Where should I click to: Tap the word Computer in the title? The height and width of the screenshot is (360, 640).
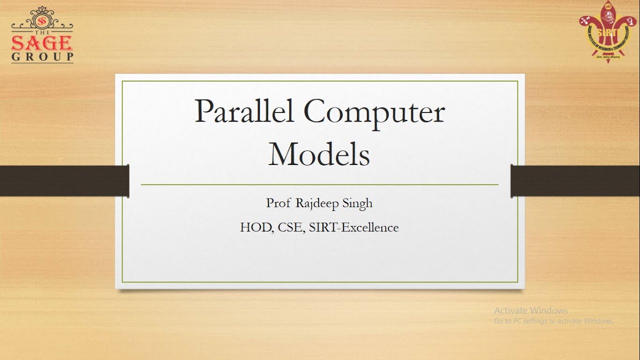[373, 113]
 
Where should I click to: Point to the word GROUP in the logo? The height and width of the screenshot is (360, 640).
[42, 56]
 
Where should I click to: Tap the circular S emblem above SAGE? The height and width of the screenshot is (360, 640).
[42, 21]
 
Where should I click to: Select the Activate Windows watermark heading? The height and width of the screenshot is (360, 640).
[531, 310]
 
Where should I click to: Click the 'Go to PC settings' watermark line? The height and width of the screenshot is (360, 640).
[553, 321]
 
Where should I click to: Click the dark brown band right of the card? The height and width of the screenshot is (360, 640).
[575, 180]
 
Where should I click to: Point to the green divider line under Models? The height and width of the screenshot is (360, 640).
[319, 184]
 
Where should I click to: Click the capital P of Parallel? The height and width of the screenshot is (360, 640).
[203, 111]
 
